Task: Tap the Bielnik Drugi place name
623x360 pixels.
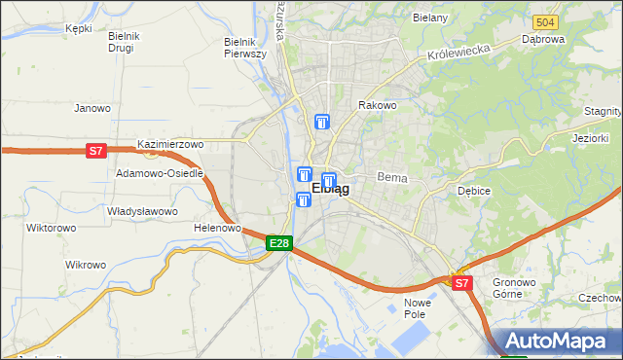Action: coord(125,42)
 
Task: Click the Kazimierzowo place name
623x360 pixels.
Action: coord(170,144)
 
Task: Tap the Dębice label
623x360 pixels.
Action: coord(474,191)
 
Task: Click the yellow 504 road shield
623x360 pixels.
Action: coord(545,21)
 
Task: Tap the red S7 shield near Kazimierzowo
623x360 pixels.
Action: coord(95,151)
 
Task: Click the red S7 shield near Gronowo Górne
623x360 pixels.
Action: coord(461,283)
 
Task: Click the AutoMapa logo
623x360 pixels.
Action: coord(559,341)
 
